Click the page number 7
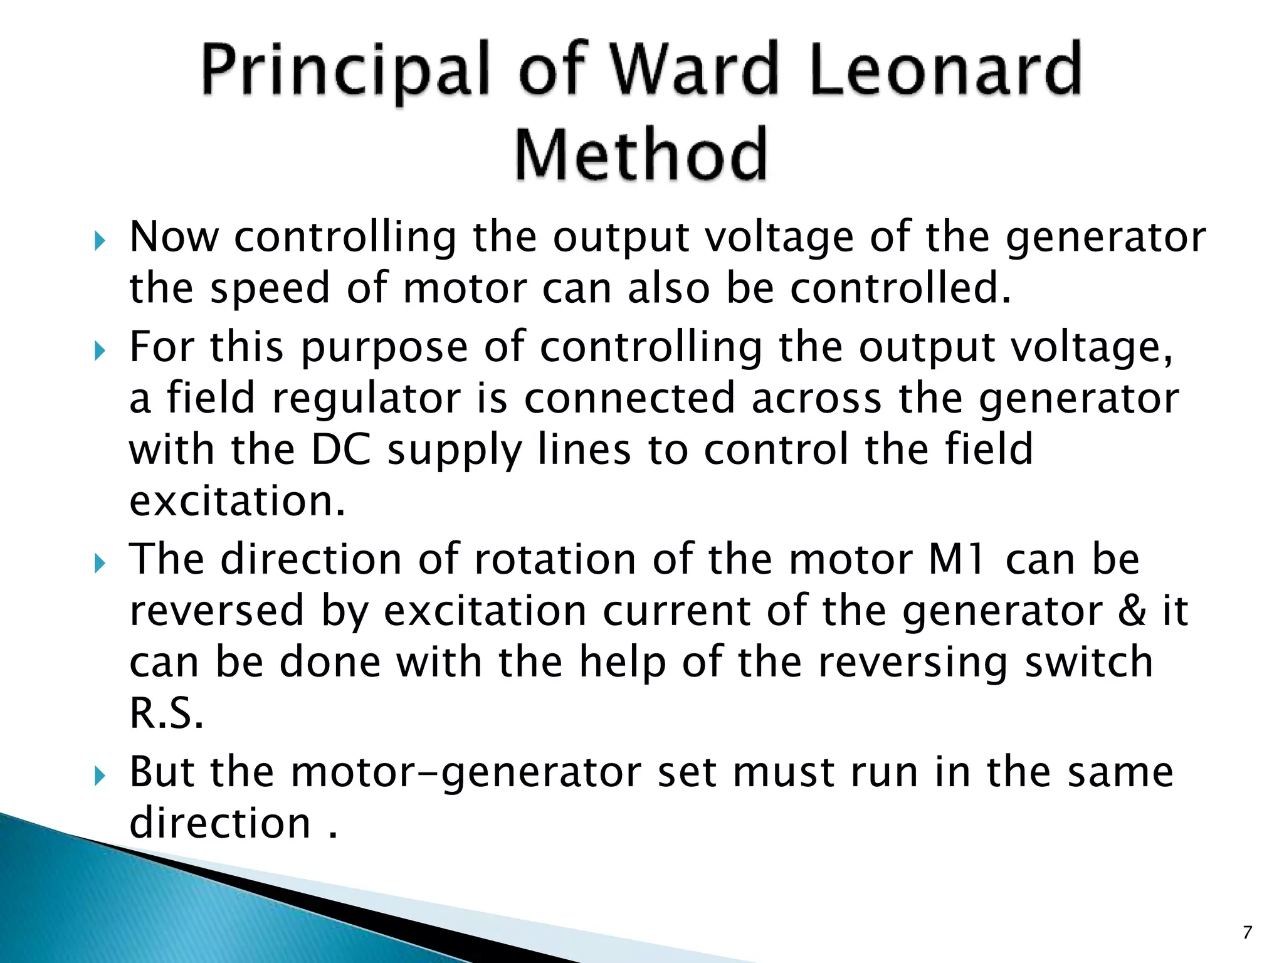(1247, 933)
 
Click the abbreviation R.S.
(166, 713)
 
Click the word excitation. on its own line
(237, 502)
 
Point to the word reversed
(217, 611)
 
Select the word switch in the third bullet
(1089, 662)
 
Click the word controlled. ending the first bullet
(900, 288)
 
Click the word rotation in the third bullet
(555, 559)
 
